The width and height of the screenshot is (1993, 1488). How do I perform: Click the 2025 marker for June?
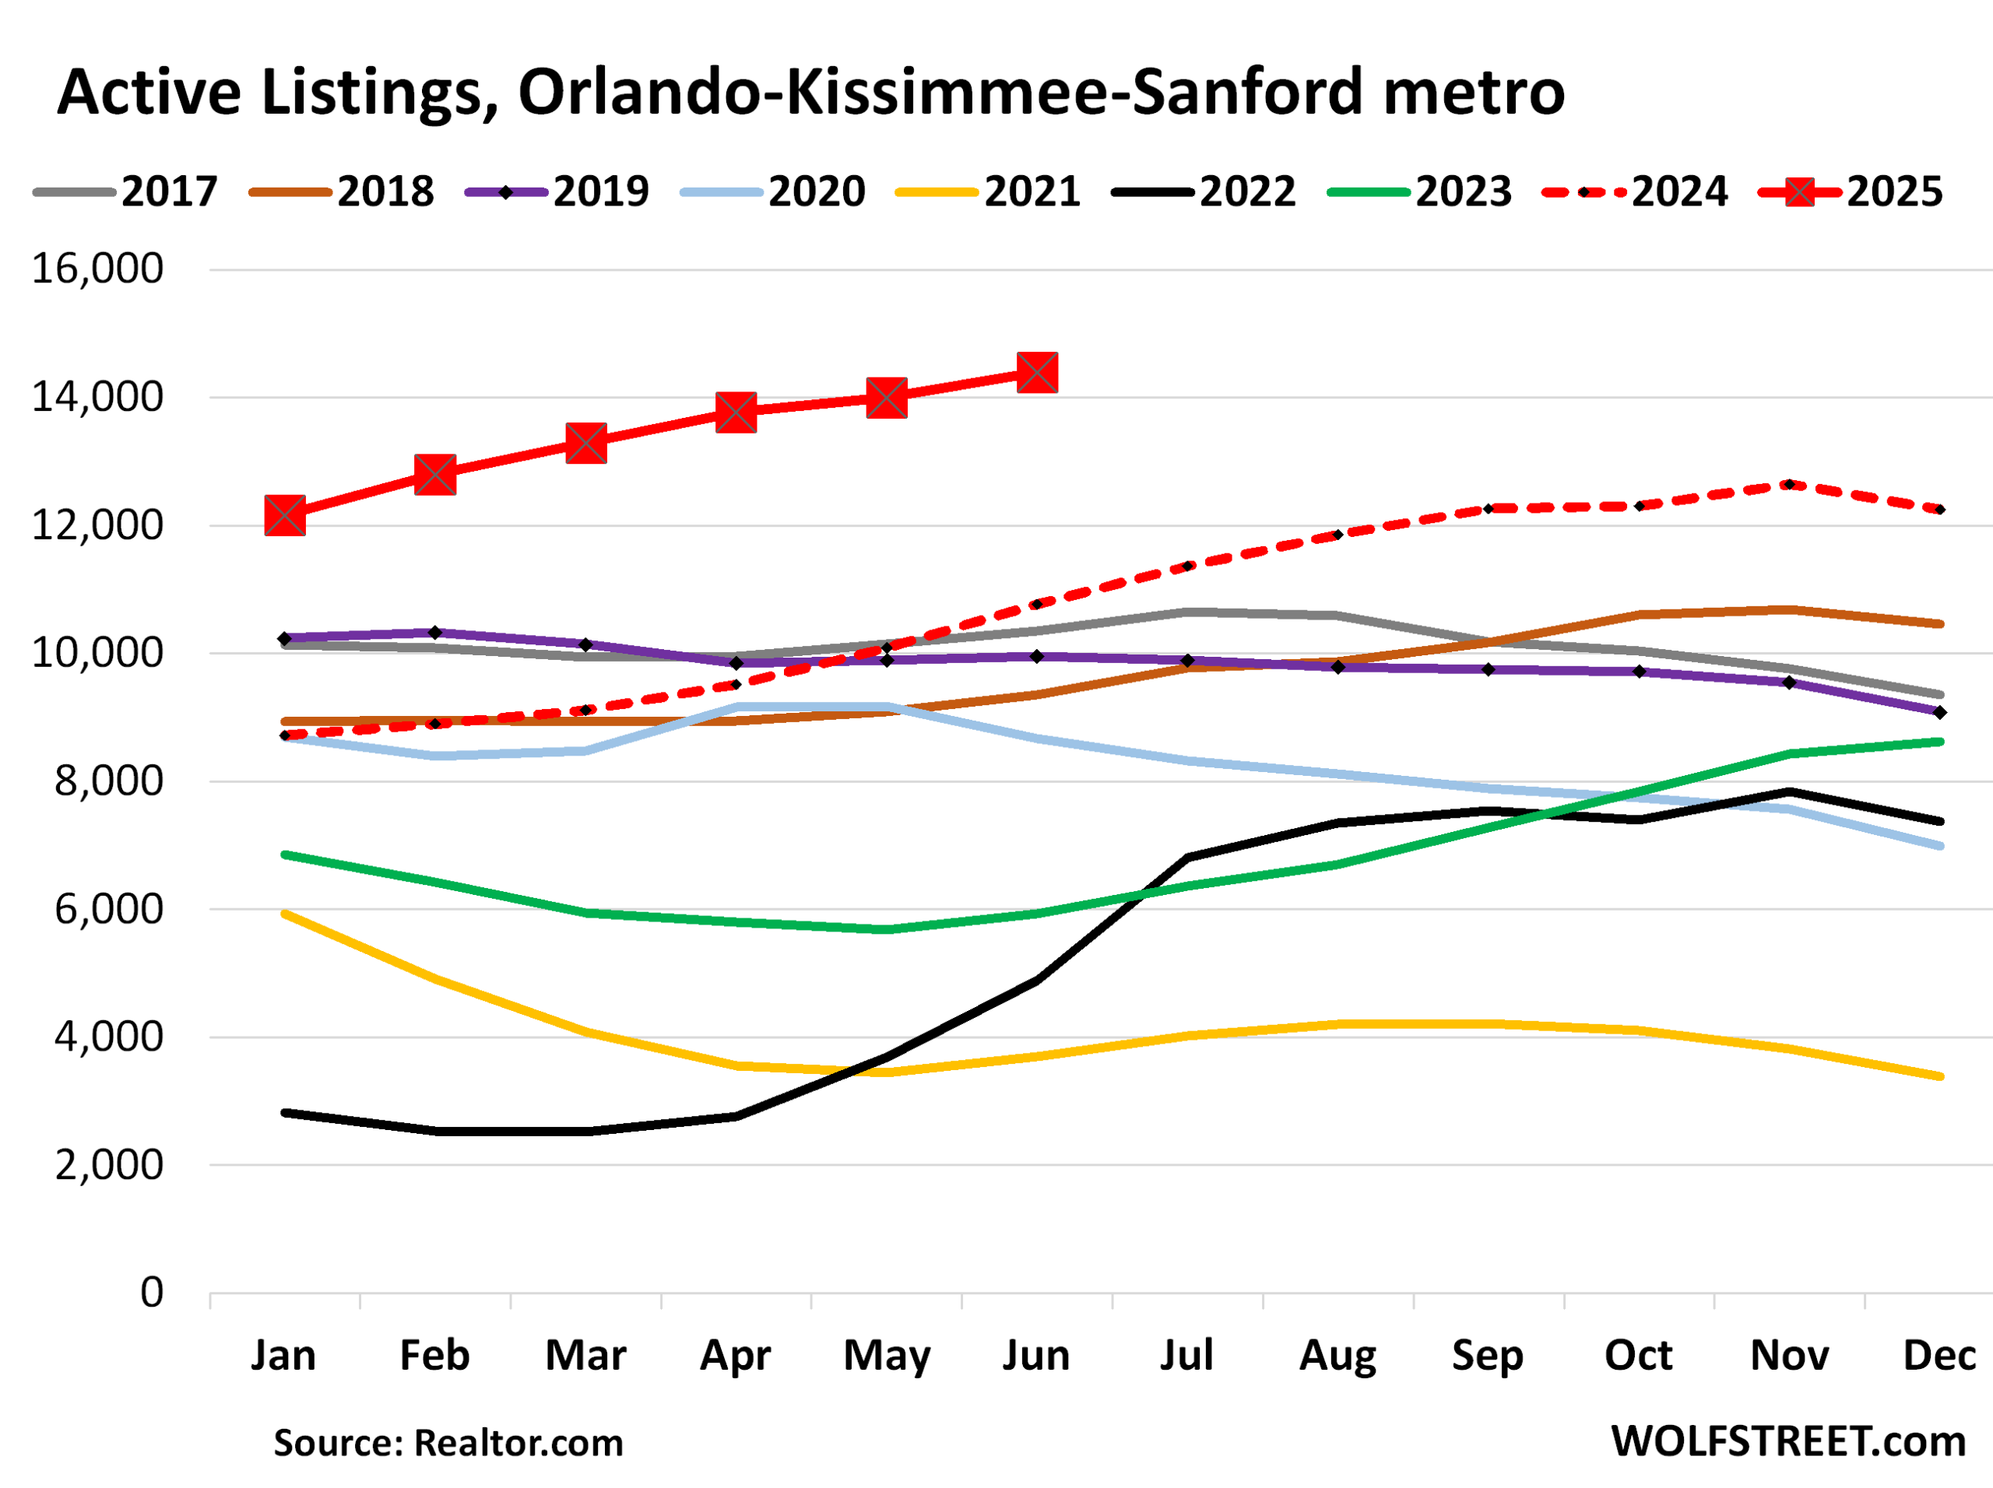[x=1037, y=373]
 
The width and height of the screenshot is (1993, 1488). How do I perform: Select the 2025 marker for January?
[x=285, y=516]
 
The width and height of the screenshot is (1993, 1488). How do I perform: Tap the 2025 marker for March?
[x=585, y=443]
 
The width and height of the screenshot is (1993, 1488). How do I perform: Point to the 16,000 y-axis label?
[x=97, y=268]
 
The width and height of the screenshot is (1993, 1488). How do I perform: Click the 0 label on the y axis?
[x=151, y=1293]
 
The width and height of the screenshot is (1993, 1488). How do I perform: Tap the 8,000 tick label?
[x=108, y=781]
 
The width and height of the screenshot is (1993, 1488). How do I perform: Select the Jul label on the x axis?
[x=1186, y=1356]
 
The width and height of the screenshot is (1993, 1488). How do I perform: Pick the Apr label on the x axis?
[x=735, y=1356]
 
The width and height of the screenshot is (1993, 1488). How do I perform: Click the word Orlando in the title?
[x=637, y=93]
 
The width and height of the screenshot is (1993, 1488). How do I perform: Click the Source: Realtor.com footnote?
[x=448, y=1443]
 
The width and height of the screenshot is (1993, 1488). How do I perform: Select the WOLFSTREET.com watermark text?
[x=1787, y=1442]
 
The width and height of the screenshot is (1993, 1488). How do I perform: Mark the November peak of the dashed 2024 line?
[x=1789, y=485]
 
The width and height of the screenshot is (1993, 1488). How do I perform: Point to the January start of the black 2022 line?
[x=285, y=1114]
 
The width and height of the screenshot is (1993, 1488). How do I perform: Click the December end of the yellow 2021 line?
[x=1940, y=1076]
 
